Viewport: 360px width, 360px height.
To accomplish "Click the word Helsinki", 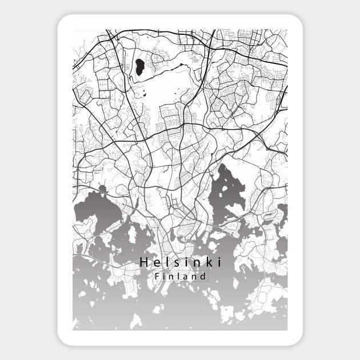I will click(x=180, y=262).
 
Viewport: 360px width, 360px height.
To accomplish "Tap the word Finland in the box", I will click(x=180, y=277).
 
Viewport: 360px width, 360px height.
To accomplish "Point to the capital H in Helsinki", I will click(x=143, y=262).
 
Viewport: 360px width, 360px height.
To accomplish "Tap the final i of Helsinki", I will click(x=218, y=262).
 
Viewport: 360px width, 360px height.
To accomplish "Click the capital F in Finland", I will click(x=157, y=277).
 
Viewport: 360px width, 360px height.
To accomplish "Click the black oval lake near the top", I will click(x=138, y=68).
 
